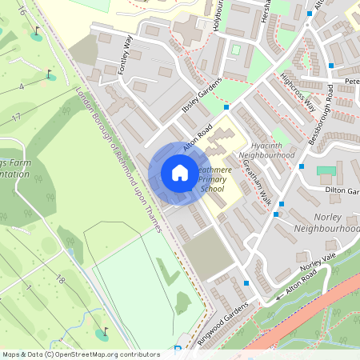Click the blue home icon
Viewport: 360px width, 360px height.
[x=179, y=173]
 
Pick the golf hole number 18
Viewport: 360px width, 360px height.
[x=60, y=280]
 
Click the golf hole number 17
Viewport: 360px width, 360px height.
[x=16, y=118]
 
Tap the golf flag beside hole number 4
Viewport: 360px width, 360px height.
[x=50, y=75]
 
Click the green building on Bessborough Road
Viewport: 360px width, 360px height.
[x=325, y=170]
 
